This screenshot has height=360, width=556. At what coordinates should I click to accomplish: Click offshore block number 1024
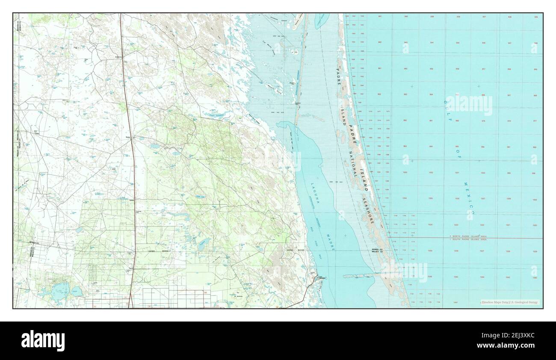pos(430,224)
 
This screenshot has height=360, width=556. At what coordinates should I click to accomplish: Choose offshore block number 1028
pos(508,251)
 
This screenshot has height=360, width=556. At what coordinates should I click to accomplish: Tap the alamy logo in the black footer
pos(43,341)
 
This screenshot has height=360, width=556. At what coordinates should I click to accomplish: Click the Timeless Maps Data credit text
pos(509,302)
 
